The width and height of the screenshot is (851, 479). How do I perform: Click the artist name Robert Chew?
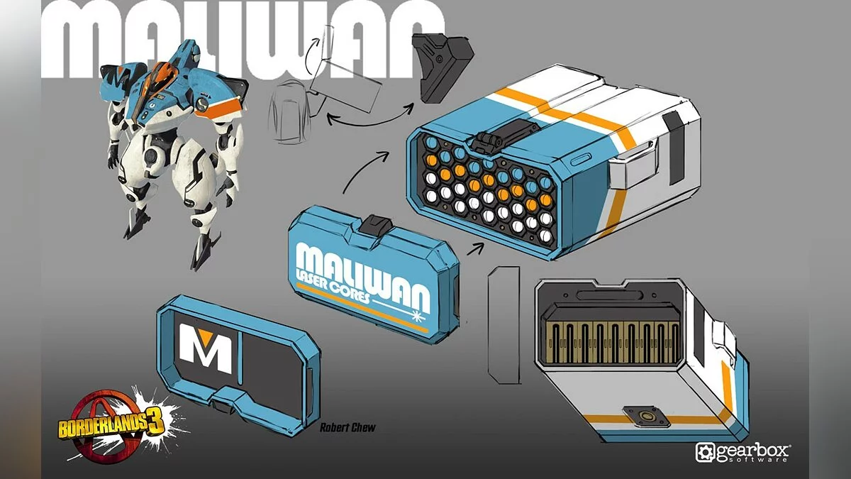click(x=347, y=427)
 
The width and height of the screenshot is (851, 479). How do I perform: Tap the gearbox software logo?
click(x=743, y=453)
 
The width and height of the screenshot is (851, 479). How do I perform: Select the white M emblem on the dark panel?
click(x=205, y=348)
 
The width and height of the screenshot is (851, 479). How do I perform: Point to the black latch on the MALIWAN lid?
click(x=375, y=224)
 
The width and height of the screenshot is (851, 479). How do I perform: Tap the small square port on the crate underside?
click(x=645, y=416)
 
